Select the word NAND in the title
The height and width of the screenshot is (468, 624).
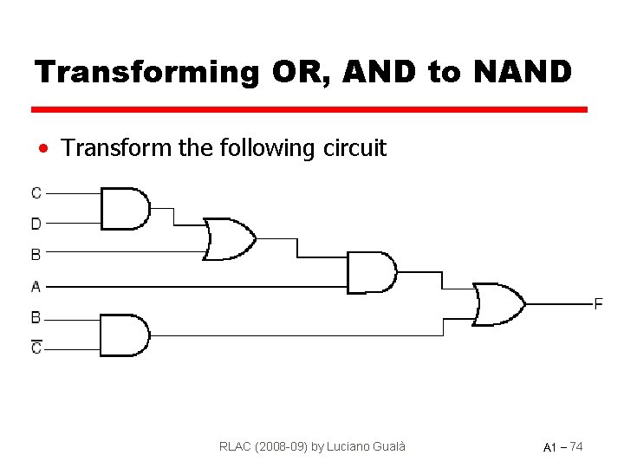pyautogui.click(x=522, y=72)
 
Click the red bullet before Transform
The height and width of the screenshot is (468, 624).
pyautogui.click(x=42, y=148)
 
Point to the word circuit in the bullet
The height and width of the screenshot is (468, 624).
pyautogui.click(x=354, y=148)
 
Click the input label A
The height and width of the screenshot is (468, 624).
pyautogui.click(x=36, y=285)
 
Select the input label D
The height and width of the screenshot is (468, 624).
pyautogui.click(x=36, y=224)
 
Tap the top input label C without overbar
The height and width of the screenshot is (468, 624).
pyautogui.click(x=36, y=192)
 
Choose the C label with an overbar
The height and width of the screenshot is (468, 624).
pyautogui.click(x=36, y=348)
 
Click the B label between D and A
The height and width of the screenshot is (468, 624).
pyautogui.click(x=36, y=255)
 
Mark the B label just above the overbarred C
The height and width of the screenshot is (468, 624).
pyautogui.click(x=36, y=317)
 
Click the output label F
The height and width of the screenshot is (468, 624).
pyautogui.click(x=598, y=303)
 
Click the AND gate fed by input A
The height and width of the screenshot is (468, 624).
pyautogui.click(x=371, y=272)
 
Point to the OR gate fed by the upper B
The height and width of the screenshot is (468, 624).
pyautogui.click(x=229, y=239)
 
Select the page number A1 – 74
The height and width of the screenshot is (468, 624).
pyautogui.click(x=562, y=447)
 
